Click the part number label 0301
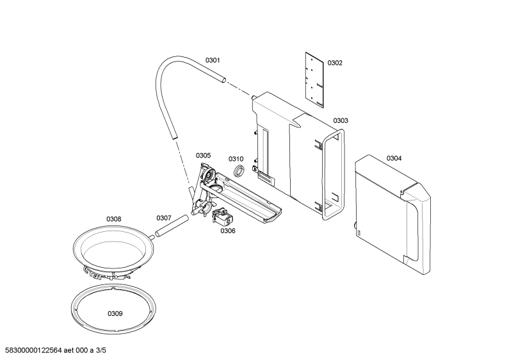(x=213, y=60)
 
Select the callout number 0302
(x=335, y=63)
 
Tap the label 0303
(x=341, y=120)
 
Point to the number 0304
(x=394, y=158)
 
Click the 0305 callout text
(x=203, y=155)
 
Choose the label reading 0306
(x=228, y=231)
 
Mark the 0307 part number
(x=164, y=218)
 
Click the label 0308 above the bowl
(x=113, y=219)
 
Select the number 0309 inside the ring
(x=115, y=313)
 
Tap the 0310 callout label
(x=236, y=159)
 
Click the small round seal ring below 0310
(x=239, y=171)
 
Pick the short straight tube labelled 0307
(x=172, y=225)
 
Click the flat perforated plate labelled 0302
(x=315, y=80)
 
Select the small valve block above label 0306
(x=222, y=216)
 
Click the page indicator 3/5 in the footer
(x=101, y=350)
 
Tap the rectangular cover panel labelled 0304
(x=392, y=215)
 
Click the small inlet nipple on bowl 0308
(x=152, y=237)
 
